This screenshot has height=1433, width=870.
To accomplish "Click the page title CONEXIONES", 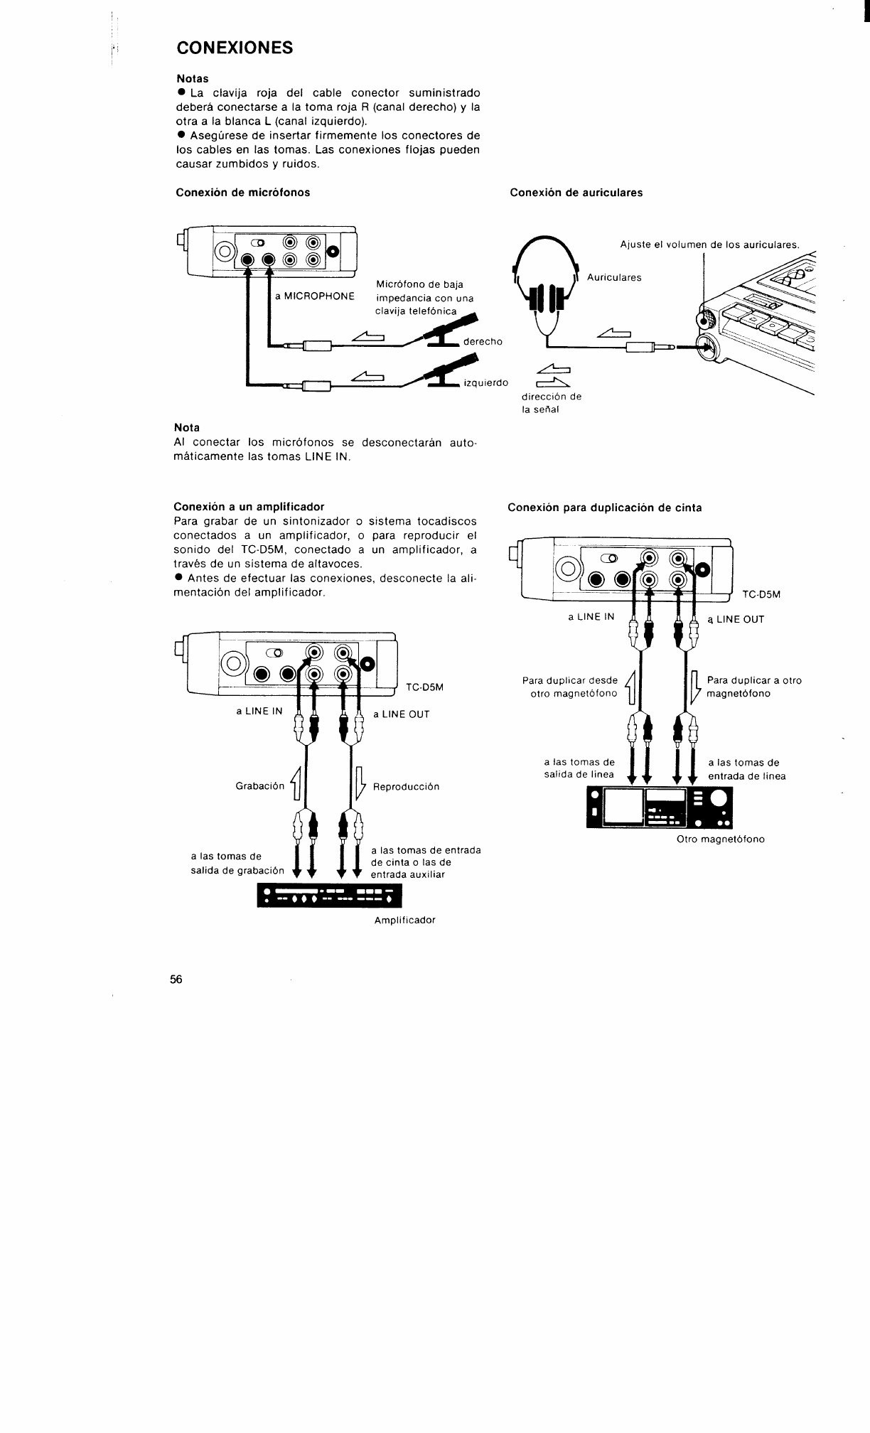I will click(235, 48).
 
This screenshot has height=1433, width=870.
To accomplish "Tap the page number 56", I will click(176, 979).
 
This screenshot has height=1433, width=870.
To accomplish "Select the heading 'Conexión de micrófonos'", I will click(242, 193).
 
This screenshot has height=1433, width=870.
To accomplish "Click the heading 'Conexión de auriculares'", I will click(576, 193).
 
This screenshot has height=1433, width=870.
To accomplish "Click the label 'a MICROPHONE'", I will click(315, 296).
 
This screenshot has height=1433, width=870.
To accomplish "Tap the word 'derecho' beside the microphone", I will click(483, 342).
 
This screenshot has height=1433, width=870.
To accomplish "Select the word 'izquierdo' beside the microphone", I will click(485, 383).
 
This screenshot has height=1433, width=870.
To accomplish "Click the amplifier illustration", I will click(329, 896).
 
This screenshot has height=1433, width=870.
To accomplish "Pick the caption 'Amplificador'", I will click(404, 920).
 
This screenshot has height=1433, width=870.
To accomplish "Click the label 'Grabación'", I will click(259, 786).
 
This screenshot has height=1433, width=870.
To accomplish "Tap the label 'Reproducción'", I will click(406, 787).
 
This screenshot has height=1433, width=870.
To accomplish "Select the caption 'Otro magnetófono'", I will click(721, 839).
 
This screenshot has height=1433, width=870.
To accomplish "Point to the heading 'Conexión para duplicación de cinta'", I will click(604, 508).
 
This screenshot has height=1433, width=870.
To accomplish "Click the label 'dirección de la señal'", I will click(552, 403).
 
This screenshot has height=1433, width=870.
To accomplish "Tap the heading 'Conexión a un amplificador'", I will click(249, 507).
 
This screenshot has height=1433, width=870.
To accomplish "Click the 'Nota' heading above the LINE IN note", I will click(187, 428).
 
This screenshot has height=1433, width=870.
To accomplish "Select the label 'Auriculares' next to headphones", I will click(614, 277).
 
